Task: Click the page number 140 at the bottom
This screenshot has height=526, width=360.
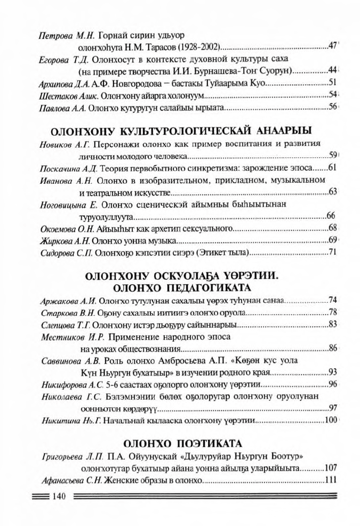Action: tap(58, 497)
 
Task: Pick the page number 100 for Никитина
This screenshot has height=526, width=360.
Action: tap(331, 420)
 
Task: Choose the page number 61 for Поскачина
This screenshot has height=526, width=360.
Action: tap(332, 168)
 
